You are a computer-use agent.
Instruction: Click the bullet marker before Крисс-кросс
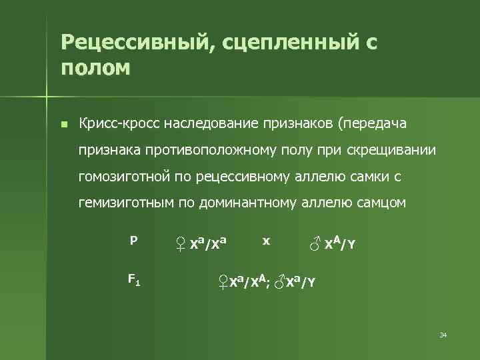pos(63,125)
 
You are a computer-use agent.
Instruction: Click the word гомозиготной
pos(123,177)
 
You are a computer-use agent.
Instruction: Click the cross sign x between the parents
pos(266,241)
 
